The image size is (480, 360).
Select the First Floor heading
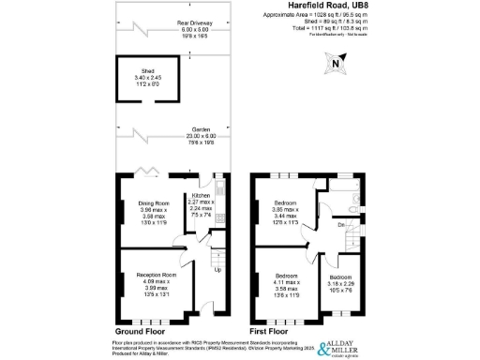coord(276,332)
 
